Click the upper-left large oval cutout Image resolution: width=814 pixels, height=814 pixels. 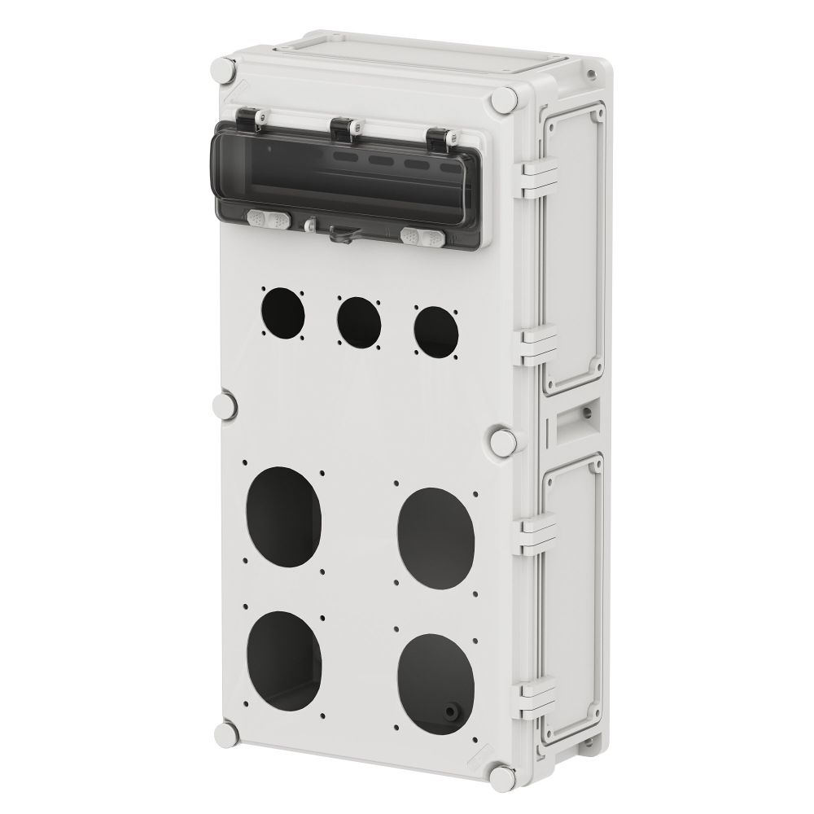(283, 514)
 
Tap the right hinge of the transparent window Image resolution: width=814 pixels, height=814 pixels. (440, 138)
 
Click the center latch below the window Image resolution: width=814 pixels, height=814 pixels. (340, 234)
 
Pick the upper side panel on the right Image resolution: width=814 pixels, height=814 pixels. (575, 248)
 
